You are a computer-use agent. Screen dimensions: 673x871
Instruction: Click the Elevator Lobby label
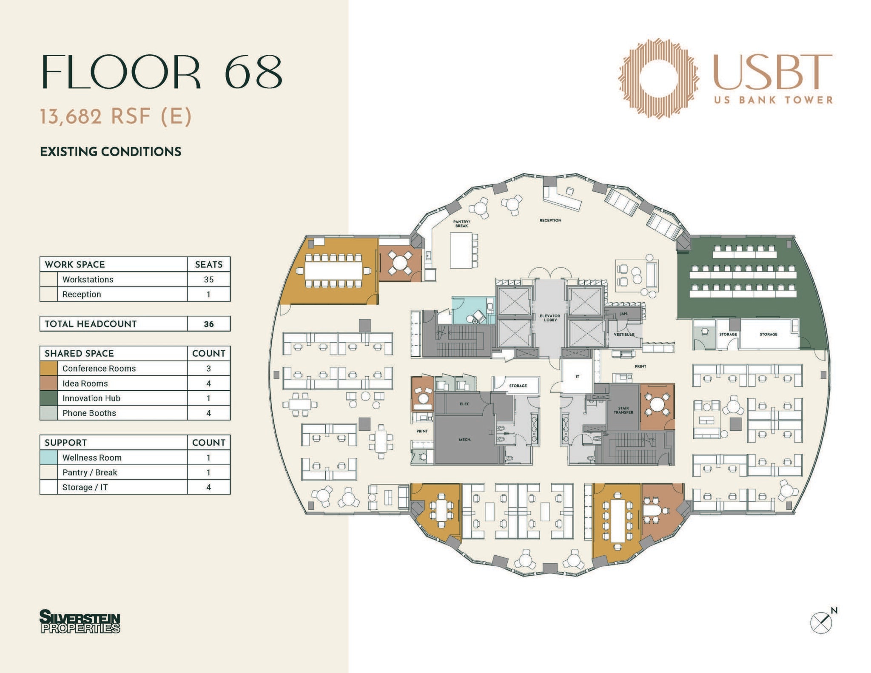coord(550,318)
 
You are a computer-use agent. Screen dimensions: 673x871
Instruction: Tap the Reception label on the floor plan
coord(550,220)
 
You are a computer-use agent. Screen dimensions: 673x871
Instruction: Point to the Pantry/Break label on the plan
coord(461,224)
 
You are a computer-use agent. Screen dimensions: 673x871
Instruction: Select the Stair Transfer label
coord(623,410)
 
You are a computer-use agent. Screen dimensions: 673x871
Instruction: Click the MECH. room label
coord(464,440)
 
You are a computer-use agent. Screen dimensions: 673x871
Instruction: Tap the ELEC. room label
coord(465,404)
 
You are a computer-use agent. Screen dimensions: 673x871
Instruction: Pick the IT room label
coord(577,377)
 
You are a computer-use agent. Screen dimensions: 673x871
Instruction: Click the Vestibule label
coord(624,335)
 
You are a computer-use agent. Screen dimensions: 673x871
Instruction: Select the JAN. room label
coord(623,314)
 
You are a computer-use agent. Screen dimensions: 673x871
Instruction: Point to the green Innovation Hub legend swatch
coord(48,398)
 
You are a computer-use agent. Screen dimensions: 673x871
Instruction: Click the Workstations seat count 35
coord(208,279)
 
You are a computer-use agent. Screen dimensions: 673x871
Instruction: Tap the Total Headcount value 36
coord(208,324)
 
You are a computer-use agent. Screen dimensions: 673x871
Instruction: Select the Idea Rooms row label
coord(85,383)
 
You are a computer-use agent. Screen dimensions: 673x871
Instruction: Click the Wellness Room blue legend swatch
coord(48,457)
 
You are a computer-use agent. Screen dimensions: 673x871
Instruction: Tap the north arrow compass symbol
coord(821,623)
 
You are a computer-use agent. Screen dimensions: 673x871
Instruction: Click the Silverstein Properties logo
coord(80,622)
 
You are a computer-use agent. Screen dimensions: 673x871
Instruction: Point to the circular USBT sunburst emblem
coord(658,78)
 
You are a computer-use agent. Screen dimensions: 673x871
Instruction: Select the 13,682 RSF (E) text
coord(116,116)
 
